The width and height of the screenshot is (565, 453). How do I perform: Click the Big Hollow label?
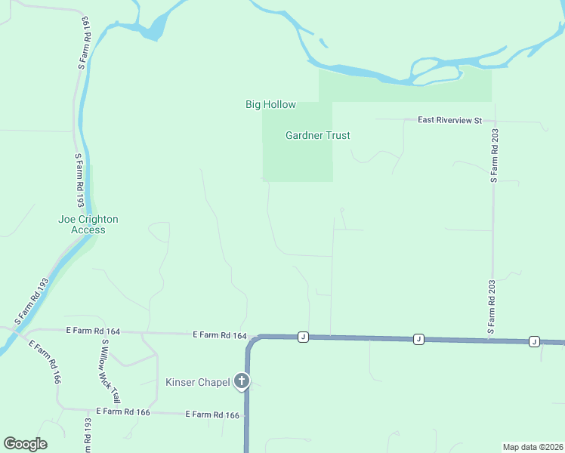click(x=270, y=105)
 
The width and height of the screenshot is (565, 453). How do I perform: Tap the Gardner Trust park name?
click(x=317, y=136)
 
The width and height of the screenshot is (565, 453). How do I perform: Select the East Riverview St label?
click(x=451, y=120)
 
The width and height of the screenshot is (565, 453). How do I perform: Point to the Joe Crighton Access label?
click(x=88, y=224)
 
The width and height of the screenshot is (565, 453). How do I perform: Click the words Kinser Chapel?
click(x=197, y=382)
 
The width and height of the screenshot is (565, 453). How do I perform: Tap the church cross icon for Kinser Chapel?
click(x=242, y=381)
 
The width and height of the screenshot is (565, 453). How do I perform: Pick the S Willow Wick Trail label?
click(x=110, y=371)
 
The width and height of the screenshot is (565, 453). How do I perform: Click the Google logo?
click(x=25, y=444)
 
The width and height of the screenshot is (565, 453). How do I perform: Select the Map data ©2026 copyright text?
click(x=533, y=447)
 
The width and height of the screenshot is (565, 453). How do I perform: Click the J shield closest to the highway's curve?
click(x=303, y=337)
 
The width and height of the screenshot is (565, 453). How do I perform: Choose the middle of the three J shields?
click(x=418, y=340)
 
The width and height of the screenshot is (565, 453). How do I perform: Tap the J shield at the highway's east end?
click(x=534, y=341)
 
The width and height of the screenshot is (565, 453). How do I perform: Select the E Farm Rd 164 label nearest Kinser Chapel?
click(x=220, y=334)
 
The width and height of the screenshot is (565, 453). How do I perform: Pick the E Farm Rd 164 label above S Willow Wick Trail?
click(x=93, y=331)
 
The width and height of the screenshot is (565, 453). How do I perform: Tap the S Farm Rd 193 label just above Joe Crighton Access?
click(x=78, y=180)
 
